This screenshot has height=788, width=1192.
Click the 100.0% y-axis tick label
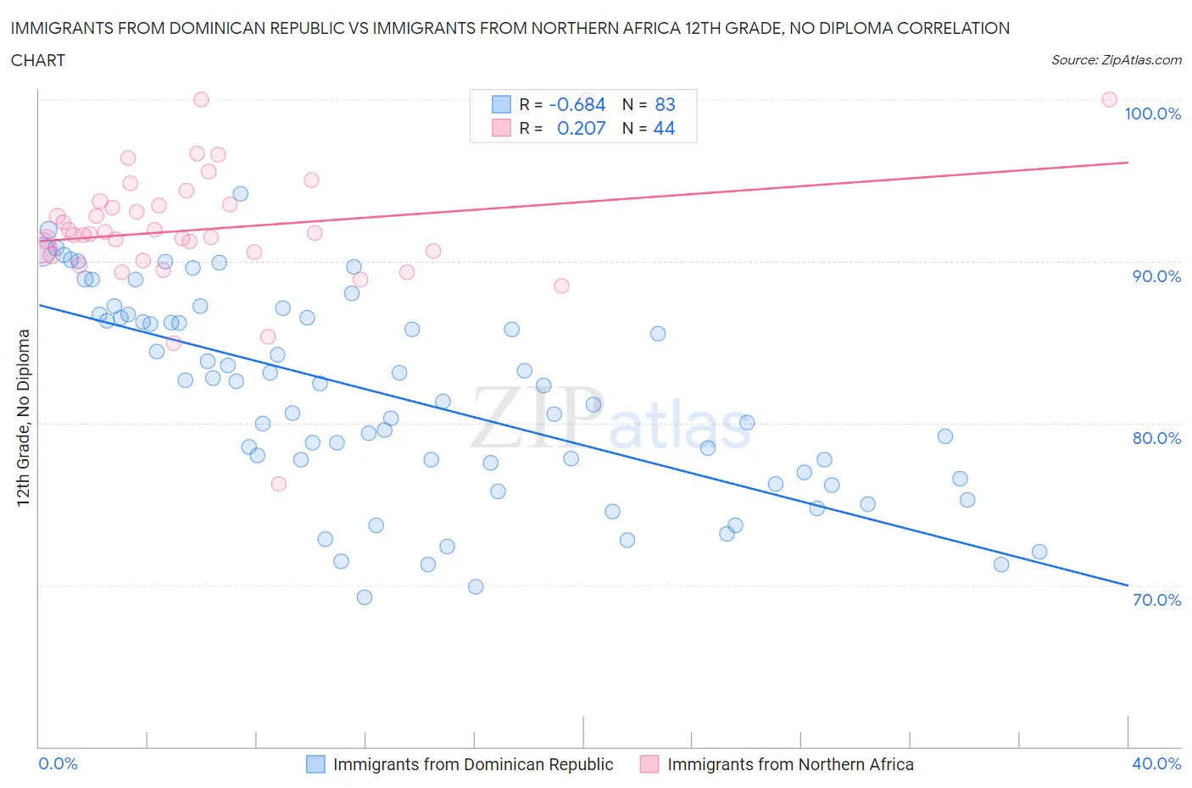1152,114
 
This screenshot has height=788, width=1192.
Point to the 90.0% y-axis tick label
1156,276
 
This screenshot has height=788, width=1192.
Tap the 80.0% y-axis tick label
1156,438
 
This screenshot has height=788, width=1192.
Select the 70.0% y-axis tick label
1156,600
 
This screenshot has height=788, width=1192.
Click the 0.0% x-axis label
58,763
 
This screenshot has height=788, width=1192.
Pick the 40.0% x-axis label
1156,763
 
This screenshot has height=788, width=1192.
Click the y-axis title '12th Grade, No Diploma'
23,417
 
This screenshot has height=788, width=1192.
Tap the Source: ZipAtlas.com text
1116,59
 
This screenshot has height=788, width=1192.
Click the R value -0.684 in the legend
577,104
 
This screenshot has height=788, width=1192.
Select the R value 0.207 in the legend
581,128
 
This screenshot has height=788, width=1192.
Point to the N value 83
665,104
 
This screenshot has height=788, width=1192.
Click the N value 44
665,128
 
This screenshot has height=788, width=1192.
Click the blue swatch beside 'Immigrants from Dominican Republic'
315,764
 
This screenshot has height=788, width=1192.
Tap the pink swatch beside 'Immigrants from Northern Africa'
649,764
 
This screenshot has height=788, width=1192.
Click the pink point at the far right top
1109,99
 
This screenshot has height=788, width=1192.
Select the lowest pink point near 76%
278,484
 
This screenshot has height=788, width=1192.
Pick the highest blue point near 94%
241,194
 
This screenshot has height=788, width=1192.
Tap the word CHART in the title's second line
38,60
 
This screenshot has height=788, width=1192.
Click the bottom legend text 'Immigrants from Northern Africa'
790,764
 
